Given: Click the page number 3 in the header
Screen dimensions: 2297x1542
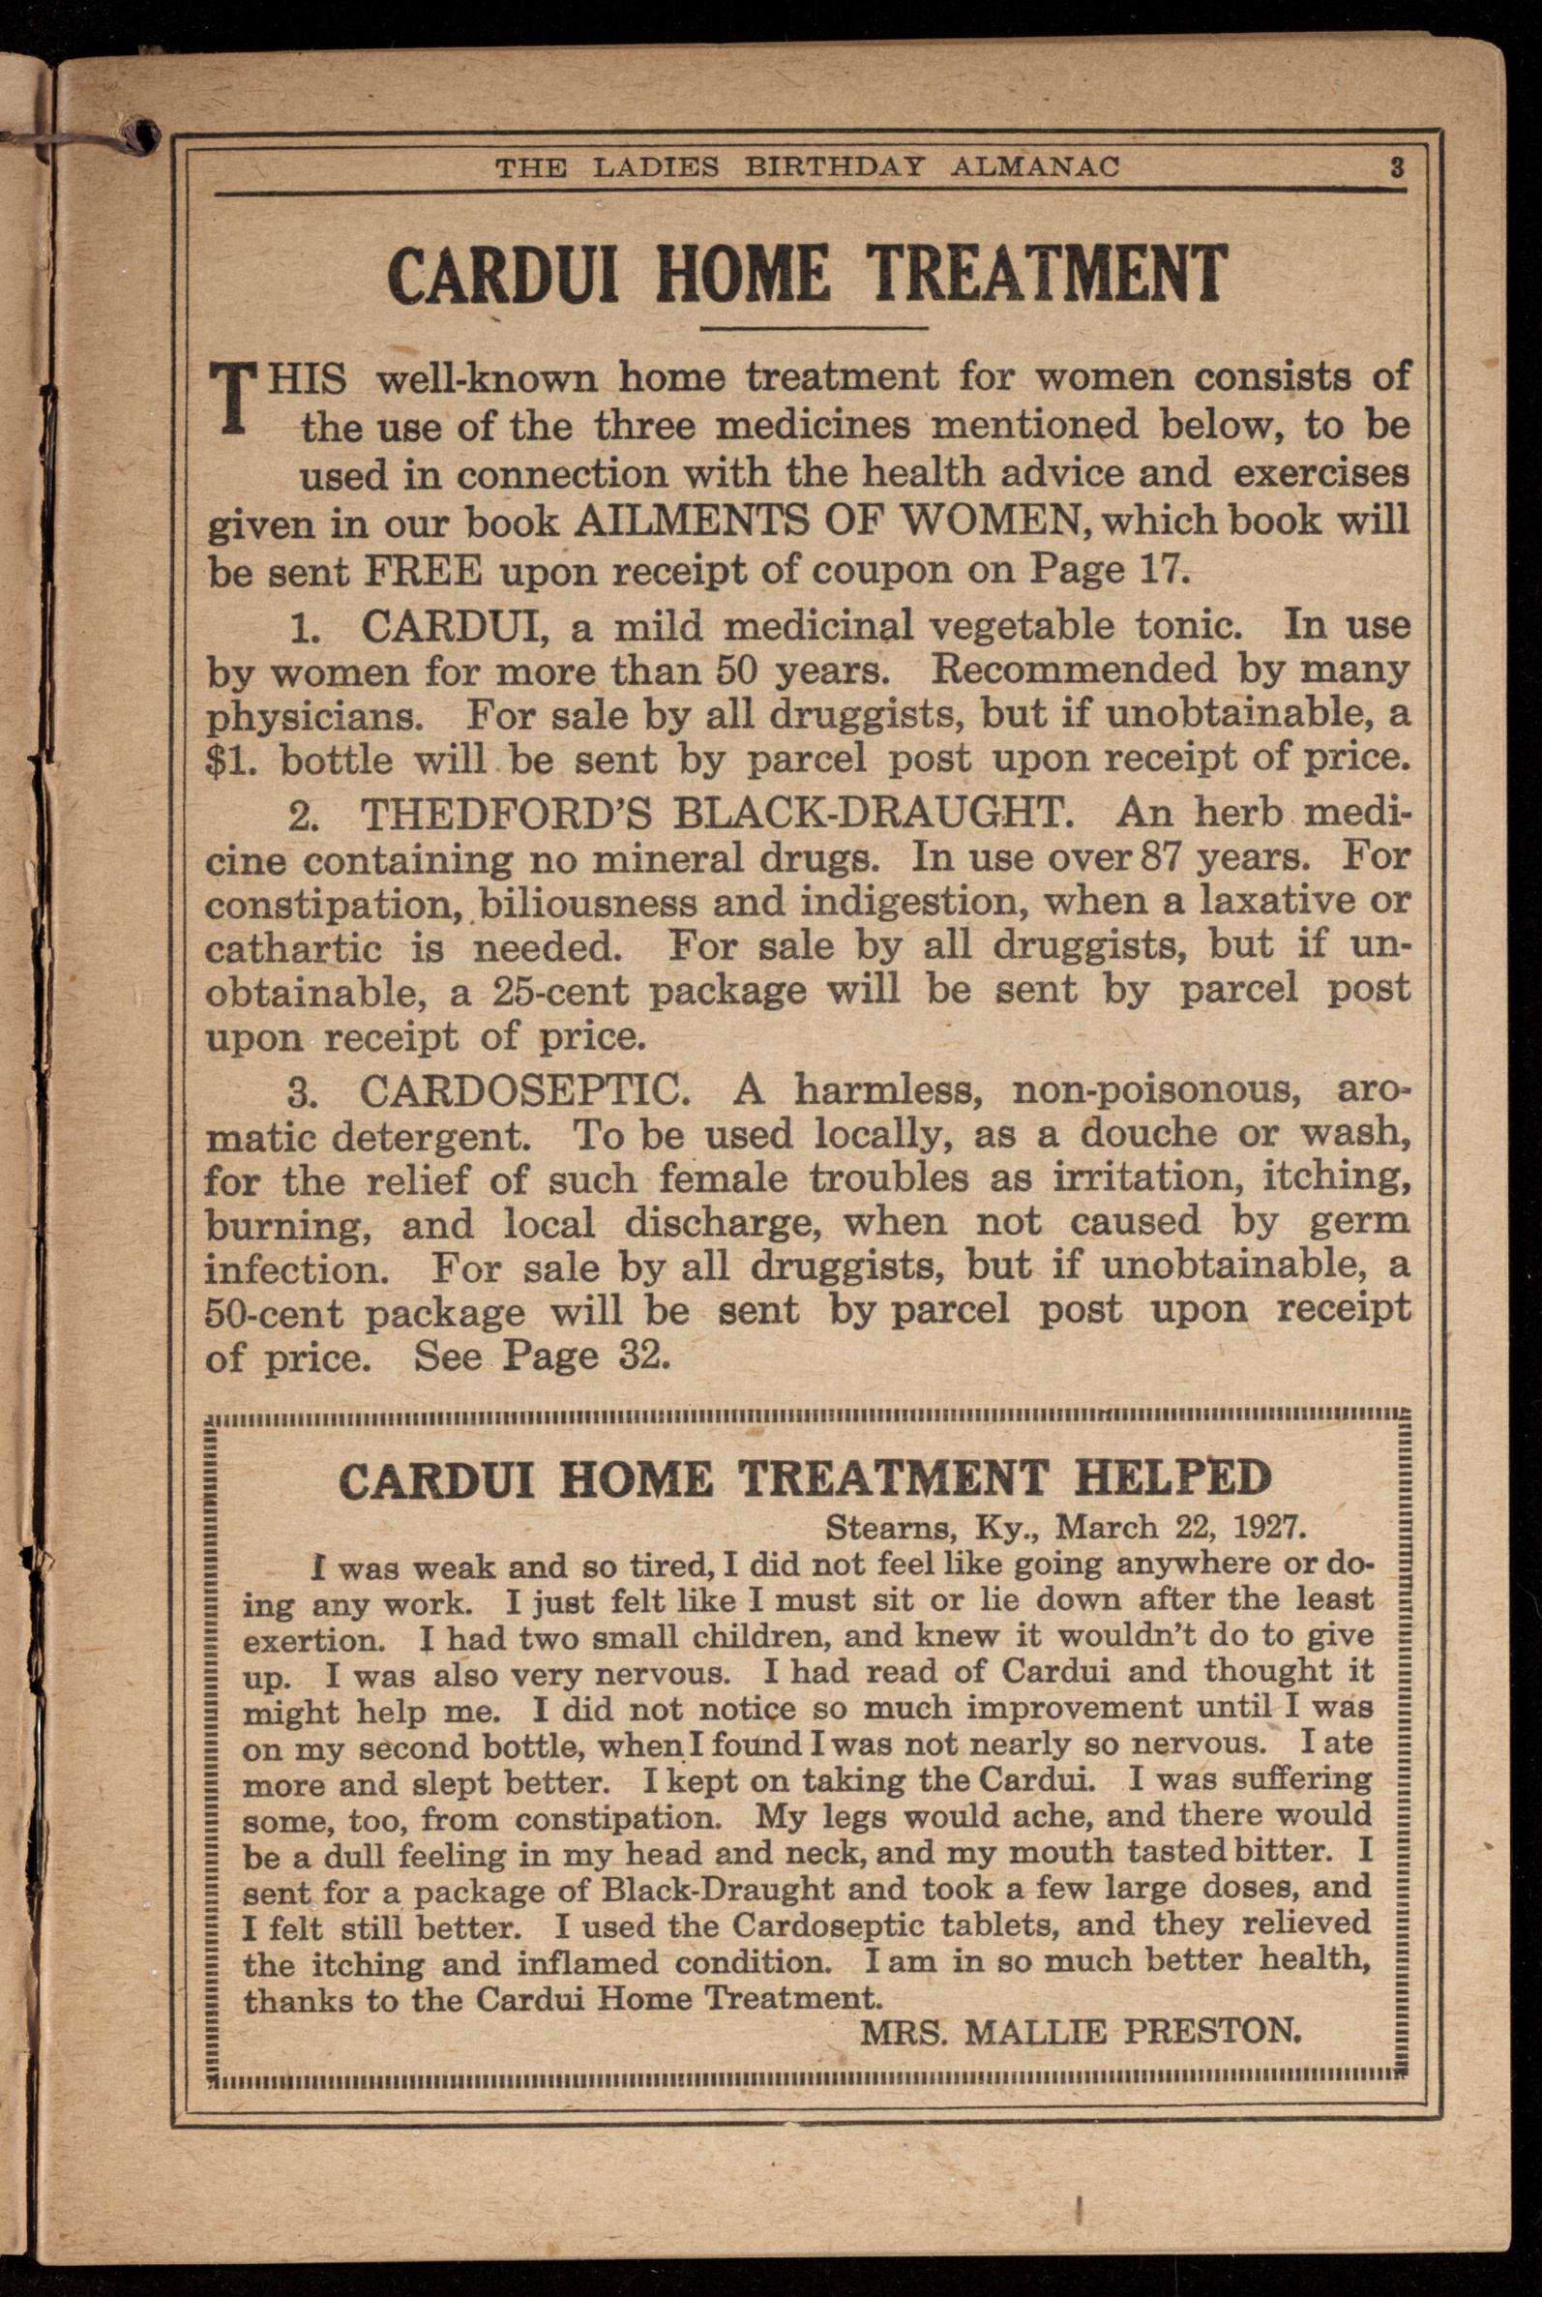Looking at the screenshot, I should tap(1397, 167).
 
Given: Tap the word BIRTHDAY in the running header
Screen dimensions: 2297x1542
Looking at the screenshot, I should tap(834, 167).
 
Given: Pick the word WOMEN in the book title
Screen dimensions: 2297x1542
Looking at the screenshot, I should tap(992, 522).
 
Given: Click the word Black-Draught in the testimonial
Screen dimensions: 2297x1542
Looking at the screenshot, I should tap(717, 1890).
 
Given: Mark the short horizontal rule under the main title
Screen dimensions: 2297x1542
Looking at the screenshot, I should tap(814, 327).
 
